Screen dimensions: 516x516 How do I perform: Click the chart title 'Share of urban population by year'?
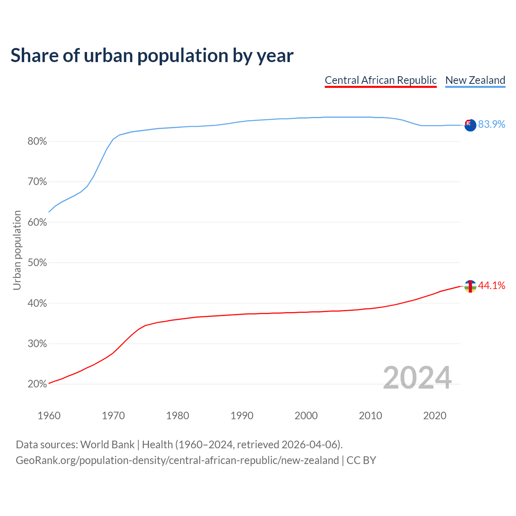152,56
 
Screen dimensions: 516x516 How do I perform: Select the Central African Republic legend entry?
381,80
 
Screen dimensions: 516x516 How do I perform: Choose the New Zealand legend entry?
475,80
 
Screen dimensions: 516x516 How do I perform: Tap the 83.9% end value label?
491,124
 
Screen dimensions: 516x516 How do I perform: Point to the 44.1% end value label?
491,285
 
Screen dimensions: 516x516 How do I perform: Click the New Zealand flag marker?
470,125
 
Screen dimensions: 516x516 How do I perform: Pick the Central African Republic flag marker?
470,286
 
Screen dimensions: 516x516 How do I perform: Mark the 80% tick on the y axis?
37,141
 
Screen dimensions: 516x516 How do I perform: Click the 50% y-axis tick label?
37,263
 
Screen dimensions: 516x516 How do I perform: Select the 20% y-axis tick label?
37,384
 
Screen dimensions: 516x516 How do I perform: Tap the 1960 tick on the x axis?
49,416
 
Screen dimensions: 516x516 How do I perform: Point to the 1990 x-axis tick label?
242,416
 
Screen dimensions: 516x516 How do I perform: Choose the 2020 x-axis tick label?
435,416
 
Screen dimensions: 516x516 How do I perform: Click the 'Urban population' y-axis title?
17,250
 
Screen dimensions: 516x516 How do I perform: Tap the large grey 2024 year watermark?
417,378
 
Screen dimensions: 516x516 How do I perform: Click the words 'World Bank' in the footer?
107,445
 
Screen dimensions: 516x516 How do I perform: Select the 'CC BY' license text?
361,460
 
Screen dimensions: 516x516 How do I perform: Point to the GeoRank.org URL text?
177,460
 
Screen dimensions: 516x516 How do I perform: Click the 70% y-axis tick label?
37,182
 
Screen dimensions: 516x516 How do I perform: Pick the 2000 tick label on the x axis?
306,416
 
